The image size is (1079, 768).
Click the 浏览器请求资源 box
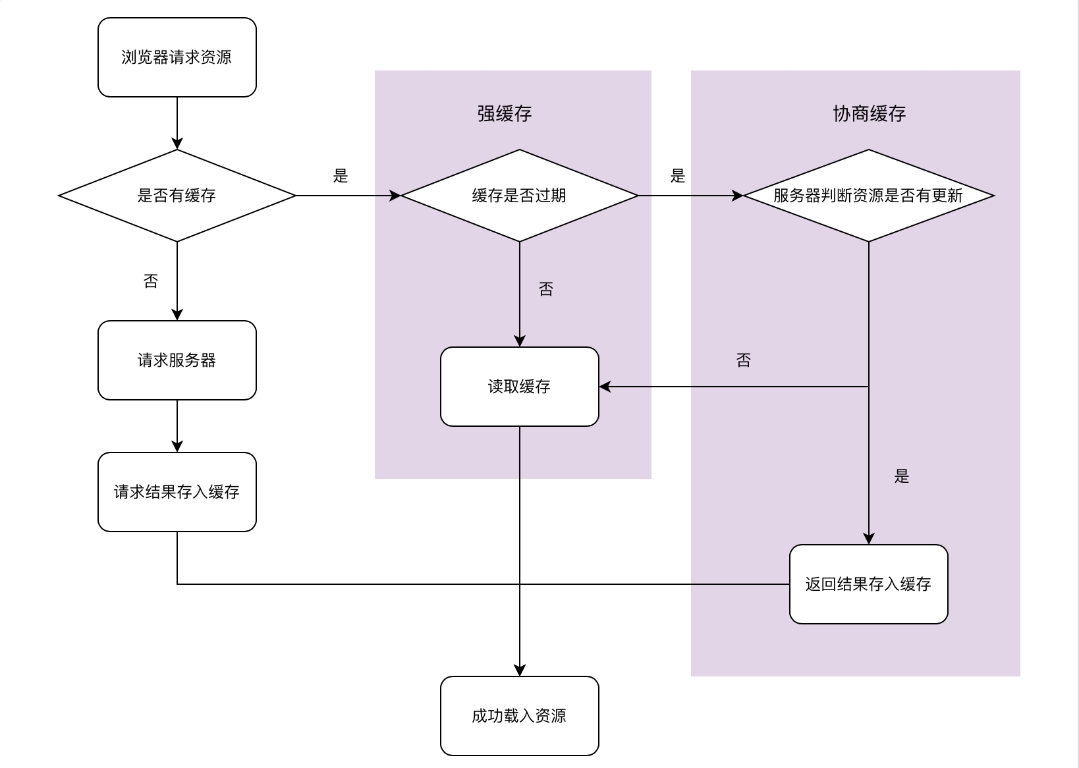pos(177,57)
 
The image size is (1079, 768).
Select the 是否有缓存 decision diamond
pos(177,196)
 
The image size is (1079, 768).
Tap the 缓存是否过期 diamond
pos(519,196)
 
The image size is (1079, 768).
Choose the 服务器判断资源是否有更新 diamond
pos(868,196)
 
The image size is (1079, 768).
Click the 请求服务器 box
pos(177,360)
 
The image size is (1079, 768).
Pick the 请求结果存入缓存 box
pos(177,492)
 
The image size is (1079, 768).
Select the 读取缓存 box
pos(519,387)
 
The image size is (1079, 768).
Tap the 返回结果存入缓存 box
pos(868,584)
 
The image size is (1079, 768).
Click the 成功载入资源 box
pos(519,716)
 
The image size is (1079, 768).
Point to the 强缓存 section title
pos(505,114)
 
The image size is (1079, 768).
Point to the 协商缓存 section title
pos(870,114)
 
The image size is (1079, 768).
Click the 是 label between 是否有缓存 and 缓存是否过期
pos(341,176)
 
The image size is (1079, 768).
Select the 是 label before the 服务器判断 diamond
pos(678,176)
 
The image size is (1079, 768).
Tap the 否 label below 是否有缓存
pos(151,281)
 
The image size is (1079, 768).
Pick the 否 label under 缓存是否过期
pos(546,289)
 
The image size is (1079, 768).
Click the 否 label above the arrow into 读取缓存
pos(744,360)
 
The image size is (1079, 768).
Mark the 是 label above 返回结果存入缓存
pos(902,476)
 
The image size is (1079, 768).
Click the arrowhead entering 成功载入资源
pos(520,671)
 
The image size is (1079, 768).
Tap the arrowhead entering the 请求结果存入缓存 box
pos(177,447)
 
